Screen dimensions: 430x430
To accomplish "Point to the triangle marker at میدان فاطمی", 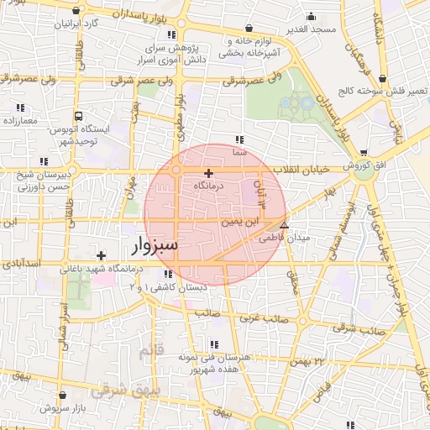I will pyautogui.click(x=284, y=225).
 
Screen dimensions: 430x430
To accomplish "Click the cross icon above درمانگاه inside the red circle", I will pyautogui.click(x=208, y=173).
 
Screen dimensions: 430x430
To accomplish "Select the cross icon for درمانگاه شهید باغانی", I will pyautogui.click(x=101, y=255).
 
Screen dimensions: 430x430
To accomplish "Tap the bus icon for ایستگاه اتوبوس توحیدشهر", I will pyautogui.click(x=78, y=116).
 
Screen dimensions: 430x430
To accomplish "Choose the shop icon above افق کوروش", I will pyautogui.click(x=363, y=152).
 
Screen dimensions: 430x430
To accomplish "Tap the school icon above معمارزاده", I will pyautogui.click(x=20, y=107).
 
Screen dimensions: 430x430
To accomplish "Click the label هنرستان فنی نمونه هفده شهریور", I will pyautogui.click(x=215, y=363).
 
